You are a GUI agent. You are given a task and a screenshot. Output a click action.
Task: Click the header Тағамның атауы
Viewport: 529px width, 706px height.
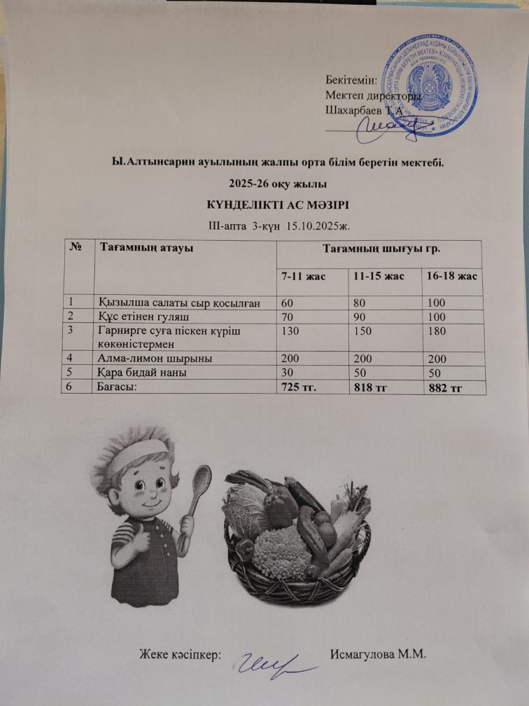click(x=147, y=247)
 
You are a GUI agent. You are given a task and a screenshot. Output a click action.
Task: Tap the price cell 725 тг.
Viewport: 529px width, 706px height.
click(x=299, y=387)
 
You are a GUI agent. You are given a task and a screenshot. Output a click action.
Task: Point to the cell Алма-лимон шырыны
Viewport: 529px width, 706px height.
click(x=155, y=358)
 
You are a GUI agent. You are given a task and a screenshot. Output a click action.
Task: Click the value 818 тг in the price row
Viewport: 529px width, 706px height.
click(x=372, y=387)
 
